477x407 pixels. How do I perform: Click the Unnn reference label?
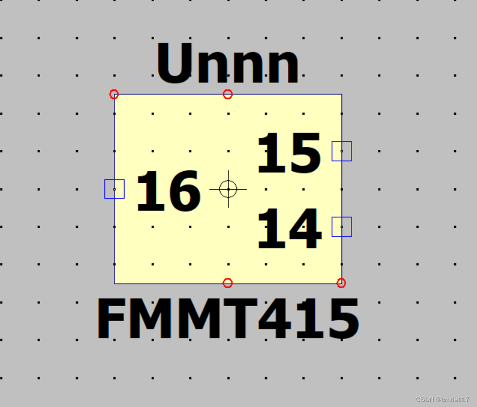[228, 64]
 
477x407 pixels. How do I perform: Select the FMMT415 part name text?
[228, 319]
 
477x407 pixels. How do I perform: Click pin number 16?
[168, 192]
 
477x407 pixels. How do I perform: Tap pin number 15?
[288, 153]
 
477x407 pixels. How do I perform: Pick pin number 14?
[288, 229]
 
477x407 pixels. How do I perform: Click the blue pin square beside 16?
[114, 189]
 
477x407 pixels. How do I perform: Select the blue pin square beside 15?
[341, 151]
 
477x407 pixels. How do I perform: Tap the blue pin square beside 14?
[341, 227]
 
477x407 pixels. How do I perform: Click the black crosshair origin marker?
[228, 189]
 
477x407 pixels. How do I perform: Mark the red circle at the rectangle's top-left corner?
[114, 94]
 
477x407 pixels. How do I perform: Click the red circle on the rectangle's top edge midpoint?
[227, 94]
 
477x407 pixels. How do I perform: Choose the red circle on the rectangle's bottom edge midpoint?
[227, 283]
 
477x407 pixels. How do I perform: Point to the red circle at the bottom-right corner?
[341, 283]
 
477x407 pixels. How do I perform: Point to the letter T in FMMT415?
[239, 319]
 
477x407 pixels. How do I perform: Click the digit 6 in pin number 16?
[182, 192]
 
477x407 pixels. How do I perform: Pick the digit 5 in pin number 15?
[304, 153]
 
